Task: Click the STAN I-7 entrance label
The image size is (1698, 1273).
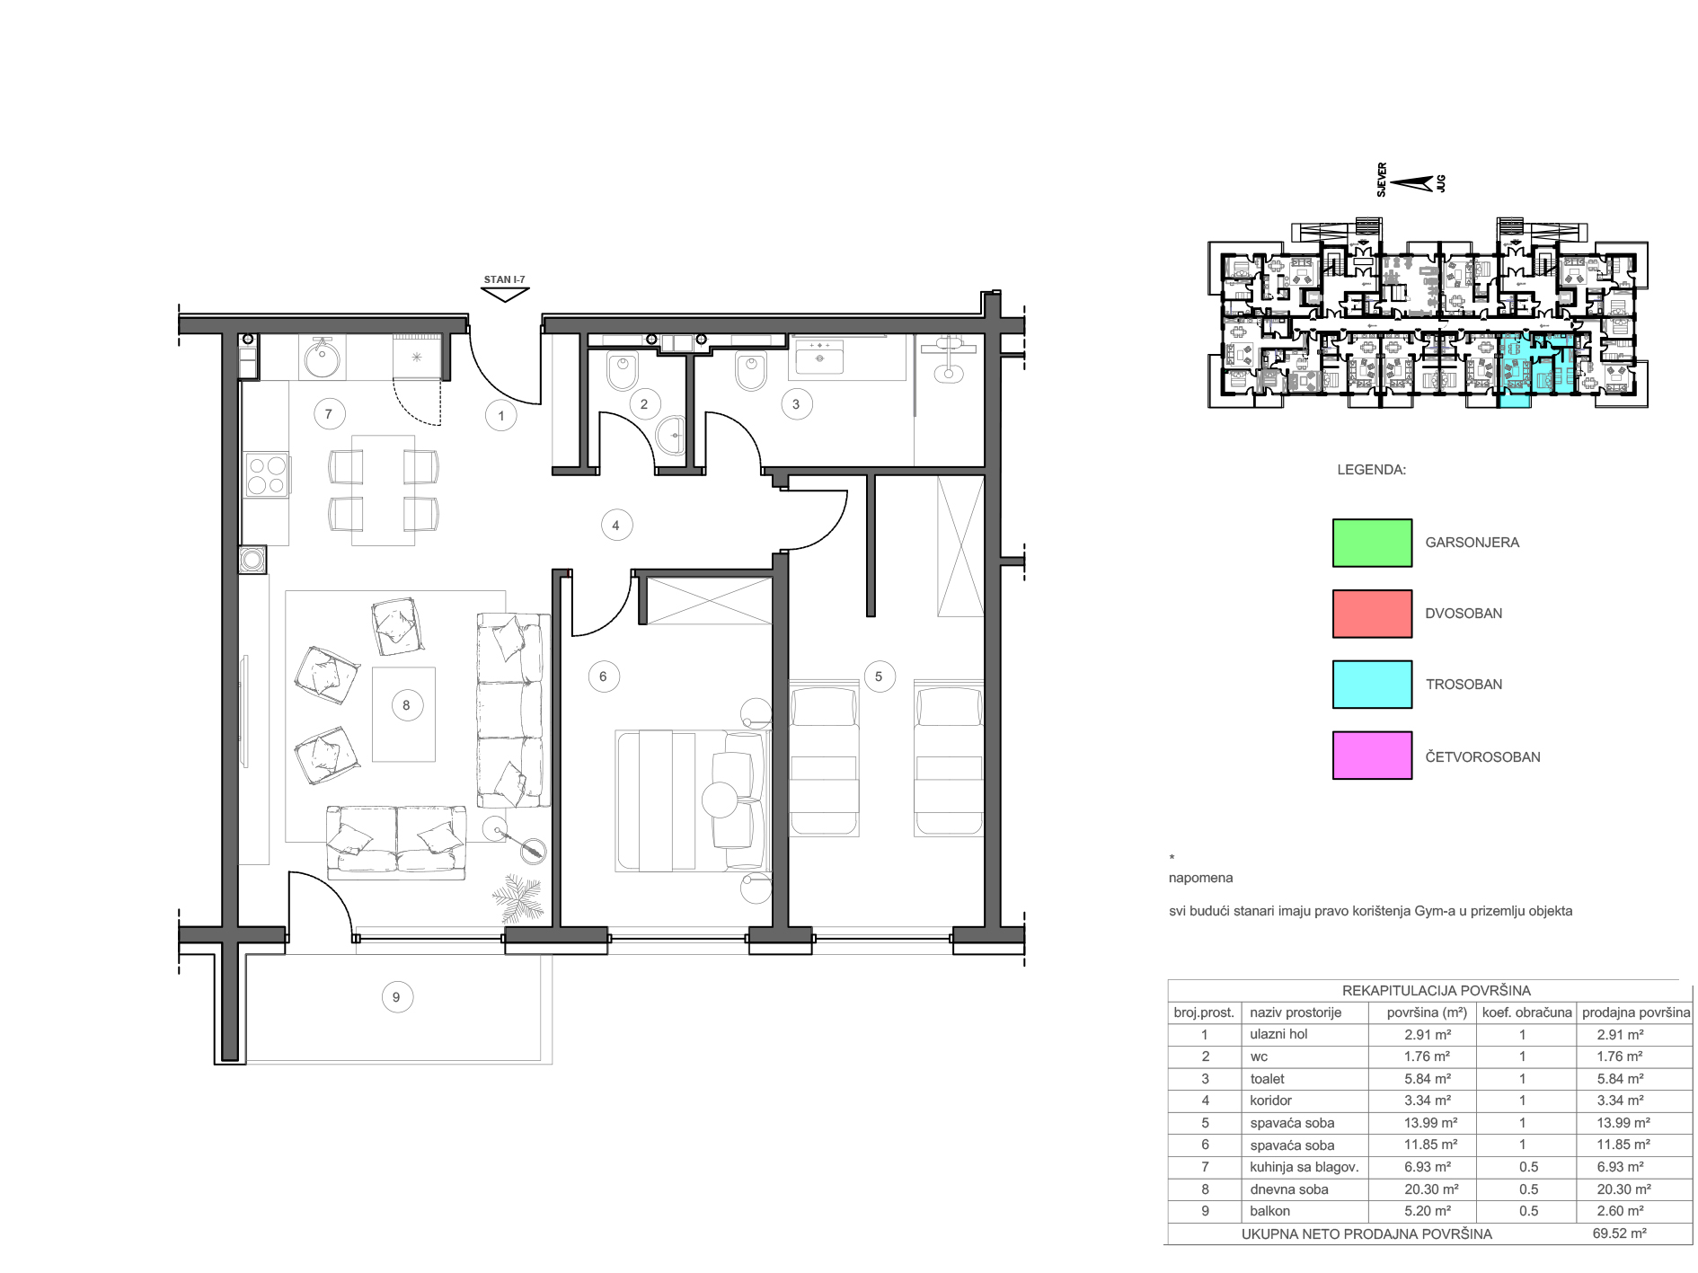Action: [x=504, y=279]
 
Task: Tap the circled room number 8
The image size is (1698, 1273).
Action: [x=406, y=705]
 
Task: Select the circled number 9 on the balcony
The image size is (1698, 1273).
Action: [x=396, y=997]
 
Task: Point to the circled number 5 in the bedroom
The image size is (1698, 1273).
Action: [x=879, y=676]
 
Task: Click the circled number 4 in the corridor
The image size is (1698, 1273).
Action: [x=615, y=526]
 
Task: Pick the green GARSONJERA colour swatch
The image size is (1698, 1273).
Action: [x=1372, y=543]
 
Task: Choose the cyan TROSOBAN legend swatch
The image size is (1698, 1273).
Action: [x=1372, y=685]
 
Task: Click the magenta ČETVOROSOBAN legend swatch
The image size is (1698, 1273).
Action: [x=1372, y=756]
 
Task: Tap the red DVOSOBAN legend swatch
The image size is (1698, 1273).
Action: [x=1372, y=614]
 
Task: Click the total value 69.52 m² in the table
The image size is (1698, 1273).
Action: [x=1619, y=1233]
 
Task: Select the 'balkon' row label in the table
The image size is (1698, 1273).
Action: [x=1269, y=1211]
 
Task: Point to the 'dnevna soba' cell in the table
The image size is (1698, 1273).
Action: [x=1289, y=1189]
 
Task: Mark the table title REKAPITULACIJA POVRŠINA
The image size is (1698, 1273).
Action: [x=1436, y=990]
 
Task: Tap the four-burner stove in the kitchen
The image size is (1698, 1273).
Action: [x=267, y=475]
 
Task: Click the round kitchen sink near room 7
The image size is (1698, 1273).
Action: [x=322, y=359]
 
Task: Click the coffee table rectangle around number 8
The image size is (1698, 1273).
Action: [x=403, y=714]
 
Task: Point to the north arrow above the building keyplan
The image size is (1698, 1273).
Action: [x=1411, y=183]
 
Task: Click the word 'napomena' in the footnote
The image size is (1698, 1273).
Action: [x=1200, y=878]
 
